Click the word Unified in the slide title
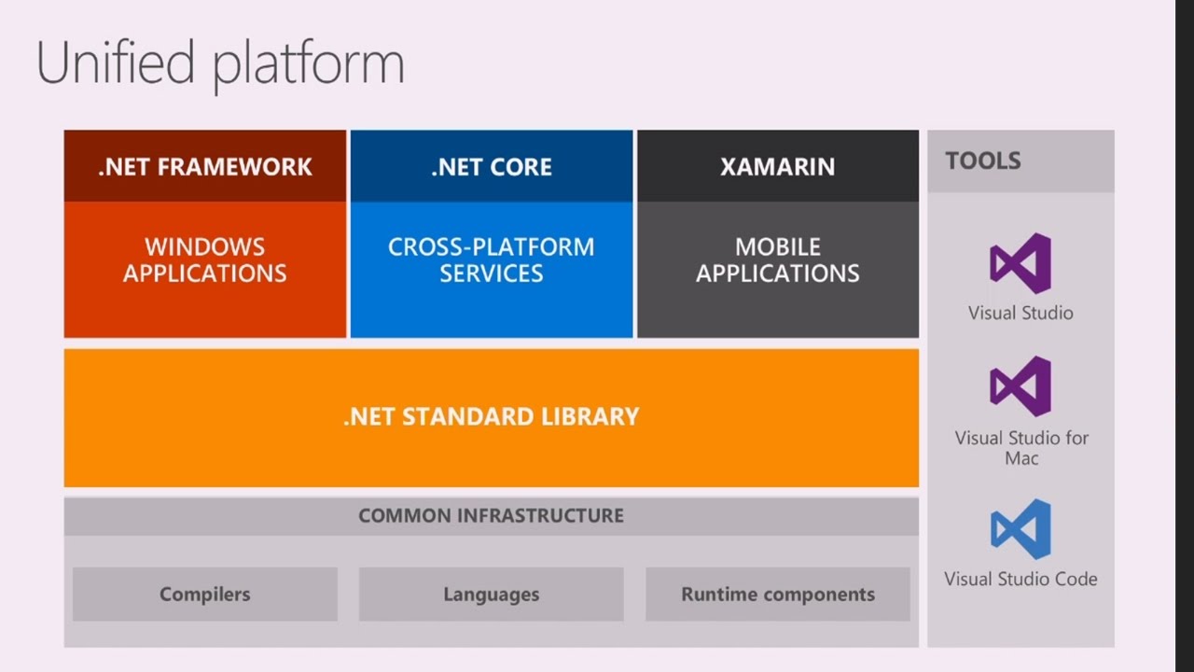[x=116, y=63]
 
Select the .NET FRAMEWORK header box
[x=205, y=166]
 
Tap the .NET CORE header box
[x=492, y=166]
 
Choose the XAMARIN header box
[x=777, y=166]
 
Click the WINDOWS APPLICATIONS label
[x=205, y=260]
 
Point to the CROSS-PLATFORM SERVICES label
[x=492, y=260]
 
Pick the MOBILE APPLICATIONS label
[x=777, y=260]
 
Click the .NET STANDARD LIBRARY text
[x=492, y=416]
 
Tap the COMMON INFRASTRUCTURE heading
[x=492, y=515]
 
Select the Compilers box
[x=205, y=595]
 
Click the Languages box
[x=492, y=595]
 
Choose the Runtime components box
[x=777, y=595]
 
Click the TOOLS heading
[x=983, y=161]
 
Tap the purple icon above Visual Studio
[x=1020, y=263]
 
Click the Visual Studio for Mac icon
[x=1020, y=385]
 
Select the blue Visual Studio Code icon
[x=1020, y=529]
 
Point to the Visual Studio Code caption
[x=1020, y=579]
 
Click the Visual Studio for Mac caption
[x=1021, y=447]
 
